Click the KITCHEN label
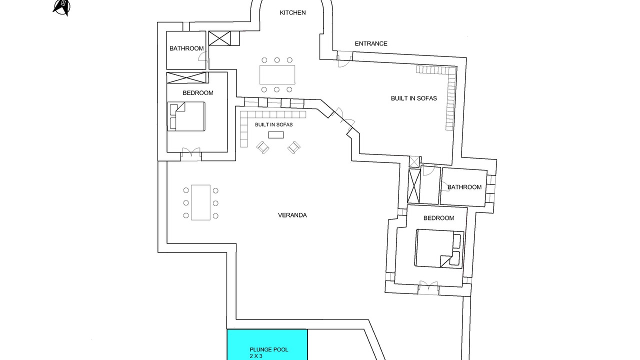(x=292, y=12)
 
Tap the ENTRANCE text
(x=371, y=43)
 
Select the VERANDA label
(x=292, y=215)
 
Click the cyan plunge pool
(x=267, y=344)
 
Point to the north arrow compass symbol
(x=61, y=7)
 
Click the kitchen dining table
(x=277, y=75)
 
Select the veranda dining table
(x=200, y=202)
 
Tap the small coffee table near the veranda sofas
(x=276, y=135)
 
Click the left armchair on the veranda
(x=263, y=147)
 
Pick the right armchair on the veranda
(x=293, y=147)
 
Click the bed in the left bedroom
(x=186, y=116)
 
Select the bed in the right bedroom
(x=439, y=248)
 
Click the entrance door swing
(x=344, y=60)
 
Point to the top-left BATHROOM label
(x=186, y=48)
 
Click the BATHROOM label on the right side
(x=464, y=187)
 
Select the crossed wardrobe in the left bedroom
(x=186, y=77)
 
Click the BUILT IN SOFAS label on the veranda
(x=273, y=124)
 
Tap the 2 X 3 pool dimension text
(x=256, y=356)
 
